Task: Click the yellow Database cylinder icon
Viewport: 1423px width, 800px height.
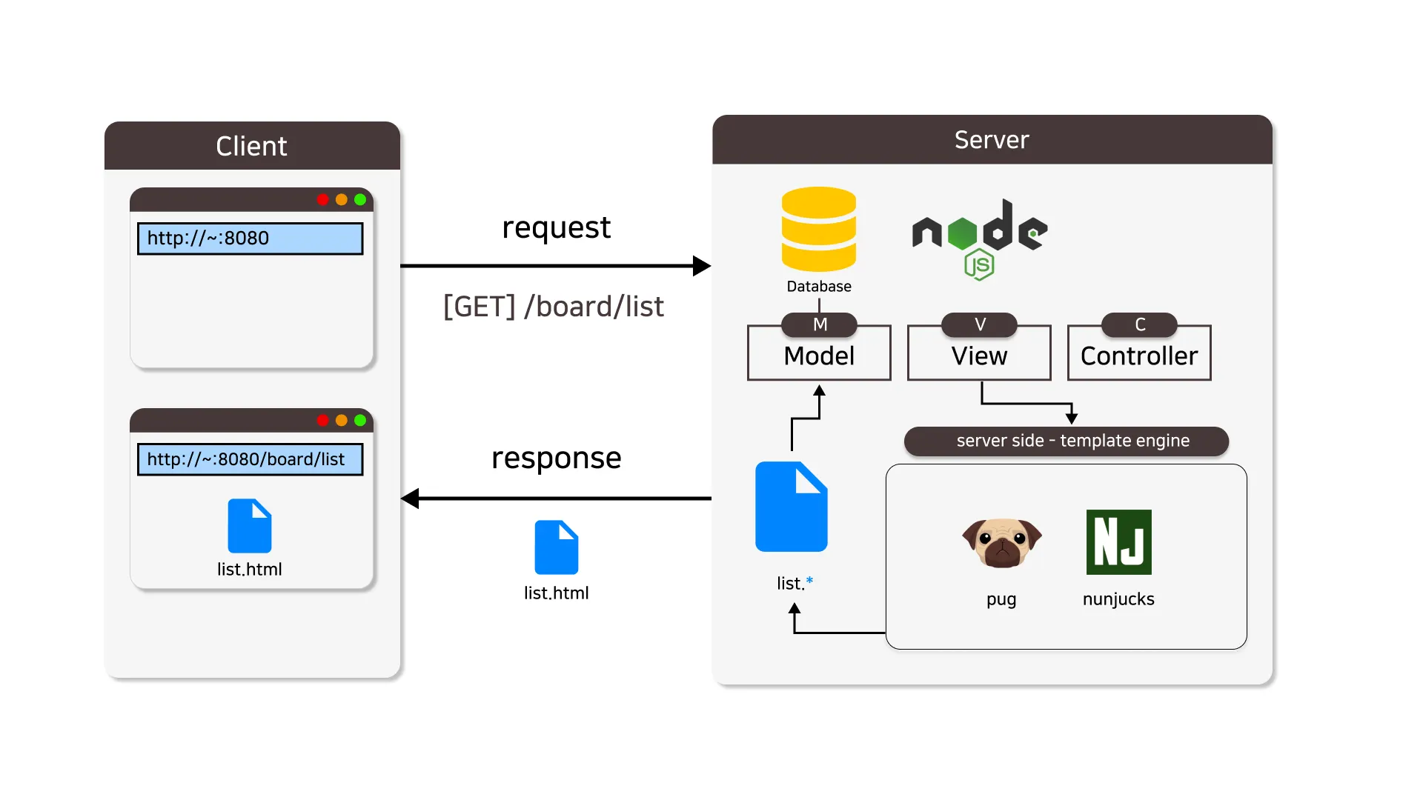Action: coord(818,229)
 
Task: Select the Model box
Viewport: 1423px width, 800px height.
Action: coord(819,356)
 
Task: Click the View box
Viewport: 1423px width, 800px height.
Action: coord(979,356)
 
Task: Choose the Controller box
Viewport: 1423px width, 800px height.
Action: coord(1139,356)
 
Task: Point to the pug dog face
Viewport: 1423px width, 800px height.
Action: coord(1001,541)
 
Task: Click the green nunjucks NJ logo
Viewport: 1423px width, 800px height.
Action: coord(1118,541)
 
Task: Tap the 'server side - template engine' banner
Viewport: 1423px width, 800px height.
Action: coord(1066,441)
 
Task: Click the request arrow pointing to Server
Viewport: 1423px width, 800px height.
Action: coord(556,265)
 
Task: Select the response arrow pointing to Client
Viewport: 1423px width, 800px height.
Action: coord(556,499)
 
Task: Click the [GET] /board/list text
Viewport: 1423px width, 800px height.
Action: coord(553,307)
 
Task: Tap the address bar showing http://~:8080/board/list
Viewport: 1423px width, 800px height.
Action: coord(250,459)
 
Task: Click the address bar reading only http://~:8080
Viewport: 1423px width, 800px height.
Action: coord(250,239)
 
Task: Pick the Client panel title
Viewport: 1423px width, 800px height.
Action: coord(251,147)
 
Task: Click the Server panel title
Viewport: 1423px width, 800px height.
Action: coord(992,140)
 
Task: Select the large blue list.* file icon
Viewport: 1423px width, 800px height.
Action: coord(791,507)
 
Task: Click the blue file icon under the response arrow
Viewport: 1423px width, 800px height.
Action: coord(556,547)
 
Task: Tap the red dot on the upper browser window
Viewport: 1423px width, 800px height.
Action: coord(322,199)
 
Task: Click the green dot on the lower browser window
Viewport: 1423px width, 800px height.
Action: coord(360,420)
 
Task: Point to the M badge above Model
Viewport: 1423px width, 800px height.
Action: coord(819,324)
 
